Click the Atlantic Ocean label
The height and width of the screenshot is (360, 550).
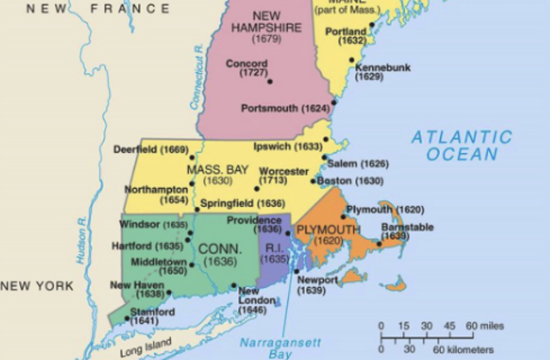pyautogui.click(x=461, y=145)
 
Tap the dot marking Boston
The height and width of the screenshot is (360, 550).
pyautogui.click(x=315, y=182)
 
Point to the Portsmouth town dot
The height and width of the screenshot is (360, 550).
pyautogui.click(x=333, y=108)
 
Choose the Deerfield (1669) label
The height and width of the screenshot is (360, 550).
pyautogui.click(x=150, y=149)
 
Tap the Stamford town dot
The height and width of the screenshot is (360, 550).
pyautogui.click(x=128, y=319)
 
